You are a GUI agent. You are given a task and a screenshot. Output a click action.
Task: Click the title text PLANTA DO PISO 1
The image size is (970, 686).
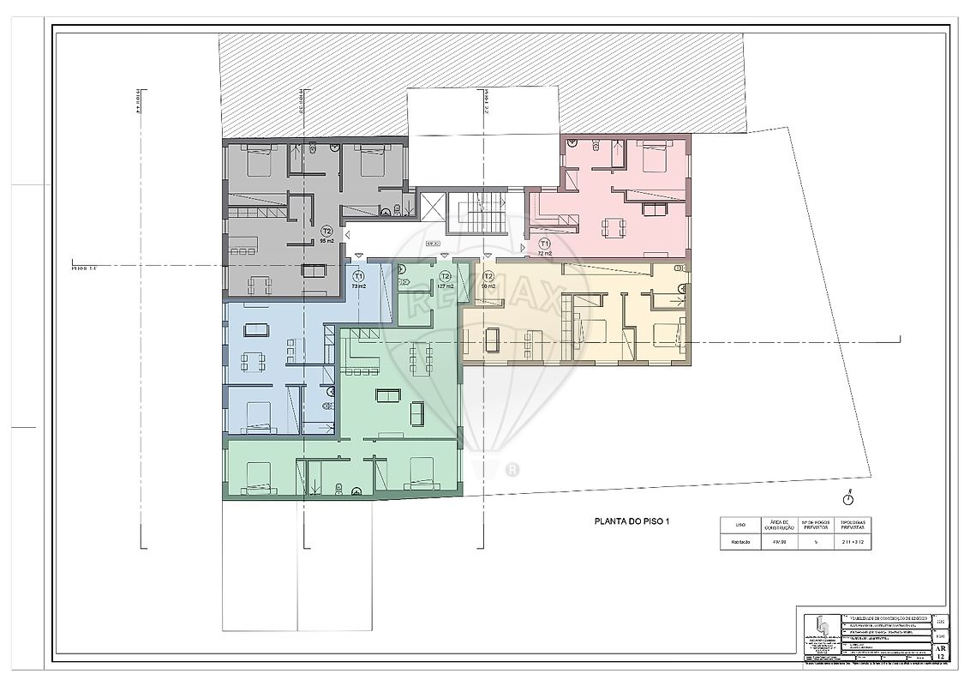pyautogui.click(x=632, y=521)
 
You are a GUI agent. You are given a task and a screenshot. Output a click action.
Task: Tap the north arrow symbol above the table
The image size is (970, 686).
pyautogui.click(x=847, y=497)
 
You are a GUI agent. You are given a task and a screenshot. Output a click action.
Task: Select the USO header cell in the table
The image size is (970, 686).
pyautogui.click(x=739, y=525)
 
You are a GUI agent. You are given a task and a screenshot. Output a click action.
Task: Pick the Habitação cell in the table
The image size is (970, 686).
pyautogui.click(x=739, y=542)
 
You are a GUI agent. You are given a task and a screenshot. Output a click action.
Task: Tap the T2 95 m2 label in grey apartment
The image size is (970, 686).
pyautogui.click(x=326, y=235)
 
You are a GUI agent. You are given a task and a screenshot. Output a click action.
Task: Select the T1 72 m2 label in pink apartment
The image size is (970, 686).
pyautogui.click(x=543, y=248)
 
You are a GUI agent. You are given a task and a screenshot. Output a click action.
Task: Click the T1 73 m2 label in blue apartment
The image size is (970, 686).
pyautogui.click(x=359, y=280)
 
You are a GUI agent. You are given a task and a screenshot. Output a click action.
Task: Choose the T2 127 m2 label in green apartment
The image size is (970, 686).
pyautogui.click(x=445, y=280)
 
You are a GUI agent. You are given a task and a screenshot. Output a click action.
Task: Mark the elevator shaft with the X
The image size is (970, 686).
pyautogui.click(x=433, y=209)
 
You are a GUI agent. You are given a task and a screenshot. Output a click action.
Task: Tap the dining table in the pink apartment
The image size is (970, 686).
pyautogui.click(x=613, y=227)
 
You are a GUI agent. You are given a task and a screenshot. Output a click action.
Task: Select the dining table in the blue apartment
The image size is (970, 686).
pyautogui.click(x=253, y=361)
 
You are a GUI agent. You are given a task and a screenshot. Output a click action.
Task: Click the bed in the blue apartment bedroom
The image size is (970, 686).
pyautogui.click(x=257, y=418)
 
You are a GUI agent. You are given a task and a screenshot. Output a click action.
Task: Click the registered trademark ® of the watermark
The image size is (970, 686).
pyautogui.click(x=512, y=469)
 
